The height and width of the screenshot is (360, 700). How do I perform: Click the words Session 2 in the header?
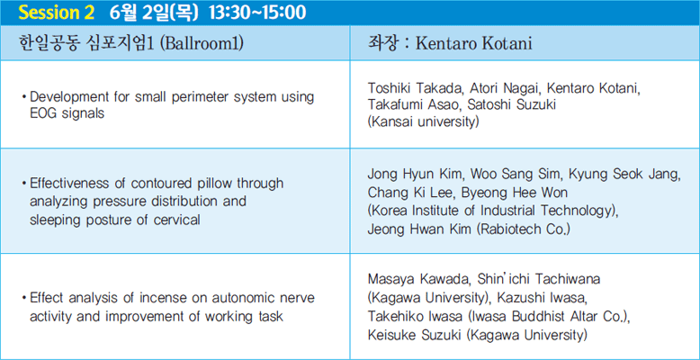(x=56, y=13)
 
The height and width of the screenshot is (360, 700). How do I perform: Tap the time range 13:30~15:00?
(x=257, y=13)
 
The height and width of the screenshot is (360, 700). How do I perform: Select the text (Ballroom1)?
(x=201, y=44)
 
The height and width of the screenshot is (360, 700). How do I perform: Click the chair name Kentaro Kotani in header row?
(x=473, y=44)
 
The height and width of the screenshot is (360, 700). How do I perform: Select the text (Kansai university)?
(x=423, y=121)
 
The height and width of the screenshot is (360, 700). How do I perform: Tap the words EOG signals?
(x=67, y=113)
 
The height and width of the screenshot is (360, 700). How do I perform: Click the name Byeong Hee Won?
(x=515, y=193)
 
